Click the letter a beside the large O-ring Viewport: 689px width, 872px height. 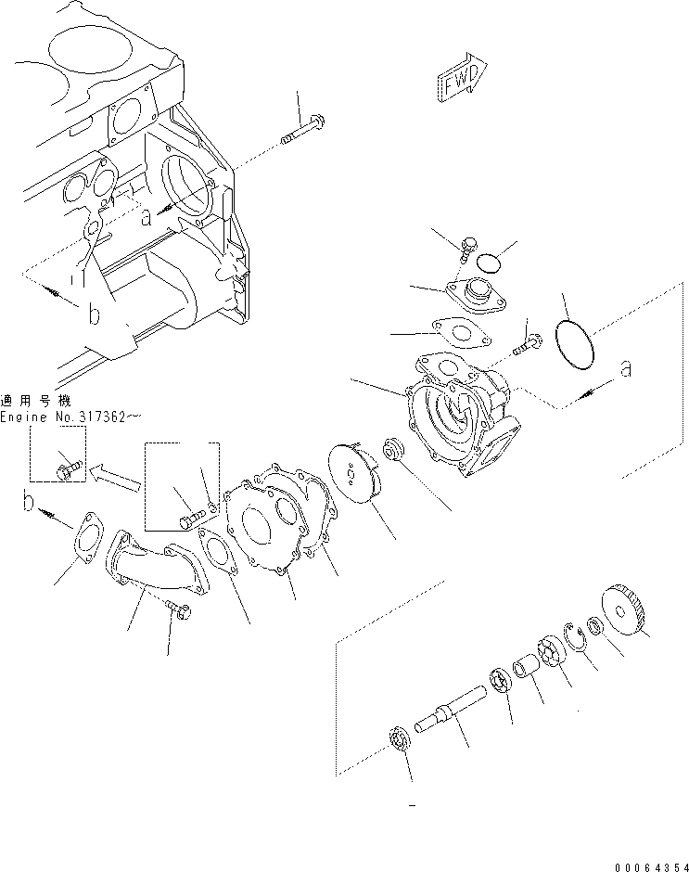click(628, 369)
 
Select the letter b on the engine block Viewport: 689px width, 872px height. click(93, 315)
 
